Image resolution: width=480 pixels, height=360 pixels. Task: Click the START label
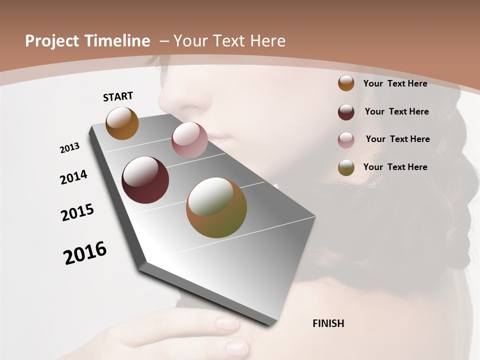tap(118, 96)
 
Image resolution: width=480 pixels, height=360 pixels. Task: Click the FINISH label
tap(328, 323)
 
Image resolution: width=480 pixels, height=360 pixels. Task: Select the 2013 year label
tap(69, 148)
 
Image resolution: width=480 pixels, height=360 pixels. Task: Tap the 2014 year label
tap(73, 177)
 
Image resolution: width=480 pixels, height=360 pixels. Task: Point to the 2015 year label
tap(77, 212)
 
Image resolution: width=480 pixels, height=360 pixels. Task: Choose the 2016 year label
tap(85, 253)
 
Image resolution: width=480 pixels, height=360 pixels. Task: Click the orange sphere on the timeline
tap(122, 123)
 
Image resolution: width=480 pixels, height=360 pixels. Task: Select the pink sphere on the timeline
tap(189, 140)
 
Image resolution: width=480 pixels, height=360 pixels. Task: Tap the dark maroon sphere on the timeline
tap(145, 180)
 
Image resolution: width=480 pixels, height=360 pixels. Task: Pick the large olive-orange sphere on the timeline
tap(216, 207)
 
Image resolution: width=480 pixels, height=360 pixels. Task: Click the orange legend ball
tap(346, 83)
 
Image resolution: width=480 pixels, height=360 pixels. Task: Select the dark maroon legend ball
tap(346, 112)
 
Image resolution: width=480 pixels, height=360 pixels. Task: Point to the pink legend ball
tap(346, 140)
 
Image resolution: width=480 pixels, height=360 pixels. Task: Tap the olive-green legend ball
tap(346, 167)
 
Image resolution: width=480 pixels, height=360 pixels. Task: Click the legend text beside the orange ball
tap(395, 83)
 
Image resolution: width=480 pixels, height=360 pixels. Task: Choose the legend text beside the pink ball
tap(397, 139)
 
